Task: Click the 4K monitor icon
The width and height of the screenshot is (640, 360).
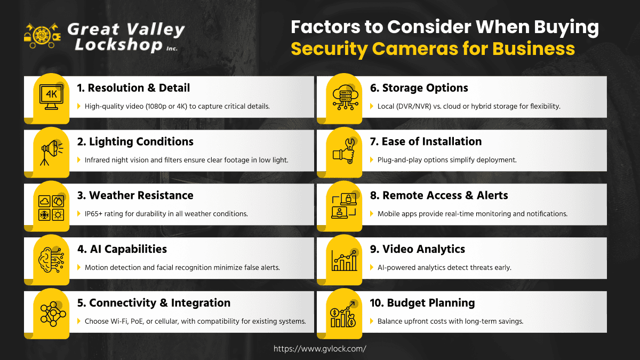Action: (51, 97)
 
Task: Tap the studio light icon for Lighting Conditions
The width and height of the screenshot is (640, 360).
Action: (52, 153)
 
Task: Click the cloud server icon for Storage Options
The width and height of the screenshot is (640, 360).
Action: (345, 97)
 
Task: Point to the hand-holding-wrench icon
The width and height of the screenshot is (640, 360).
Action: (344, 151)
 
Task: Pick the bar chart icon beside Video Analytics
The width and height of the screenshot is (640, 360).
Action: (345, 260)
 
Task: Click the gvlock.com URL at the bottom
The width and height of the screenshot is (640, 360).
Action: (319, 349)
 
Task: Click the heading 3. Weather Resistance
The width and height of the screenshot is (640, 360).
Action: (135, 195)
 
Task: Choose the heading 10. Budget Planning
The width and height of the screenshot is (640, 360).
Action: (422, 303)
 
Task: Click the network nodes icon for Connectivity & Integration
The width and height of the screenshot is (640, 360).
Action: (53, 314)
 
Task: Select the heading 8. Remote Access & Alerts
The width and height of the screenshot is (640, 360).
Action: (439, 195)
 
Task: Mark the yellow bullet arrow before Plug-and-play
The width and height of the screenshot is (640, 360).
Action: (372, 159)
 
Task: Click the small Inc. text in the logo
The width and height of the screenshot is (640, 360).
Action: (172, 49)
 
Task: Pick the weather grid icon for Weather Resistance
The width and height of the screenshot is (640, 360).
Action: (51, 208)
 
